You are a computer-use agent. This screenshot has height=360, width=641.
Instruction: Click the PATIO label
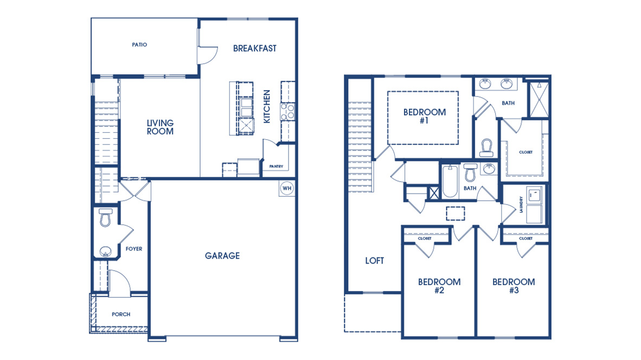(x=139, y=45)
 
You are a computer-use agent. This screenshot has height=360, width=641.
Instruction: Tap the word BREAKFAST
(x=254, y=48)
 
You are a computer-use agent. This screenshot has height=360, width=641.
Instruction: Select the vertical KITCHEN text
(x=267, y=106)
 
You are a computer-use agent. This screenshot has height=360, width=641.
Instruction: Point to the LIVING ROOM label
(x=160, y=127)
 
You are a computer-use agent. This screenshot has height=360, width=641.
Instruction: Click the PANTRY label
(x=273, y=166)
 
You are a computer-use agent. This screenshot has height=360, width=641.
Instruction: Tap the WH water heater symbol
(x=286, y=188)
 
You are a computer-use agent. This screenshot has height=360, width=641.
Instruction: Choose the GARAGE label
(x=222, y=256)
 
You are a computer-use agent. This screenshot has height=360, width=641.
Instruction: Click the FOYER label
(x=134, y=249)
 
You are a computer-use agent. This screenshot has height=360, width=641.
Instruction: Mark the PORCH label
(x=121, y=314)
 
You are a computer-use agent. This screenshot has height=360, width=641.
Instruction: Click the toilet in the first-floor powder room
(x=105, y=217)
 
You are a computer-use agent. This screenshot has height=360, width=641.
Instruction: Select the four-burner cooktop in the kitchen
(x=287, y=112)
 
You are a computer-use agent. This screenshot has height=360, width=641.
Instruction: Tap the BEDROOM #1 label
(x=424, y=117)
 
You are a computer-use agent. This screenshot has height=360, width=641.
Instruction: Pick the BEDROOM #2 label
(x=439, y=286)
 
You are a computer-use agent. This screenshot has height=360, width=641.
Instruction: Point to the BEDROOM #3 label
(x=513, y=286)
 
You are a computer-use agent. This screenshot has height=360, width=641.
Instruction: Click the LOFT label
(x=374, y=261)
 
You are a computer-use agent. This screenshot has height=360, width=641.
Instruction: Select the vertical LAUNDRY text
(x=521, y=204)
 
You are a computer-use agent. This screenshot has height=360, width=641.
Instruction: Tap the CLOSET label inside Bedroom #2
(x=425, y=239)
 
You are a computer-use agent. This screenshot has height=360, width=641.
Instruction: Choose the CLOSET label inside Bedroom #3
(x=525, y=239)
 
